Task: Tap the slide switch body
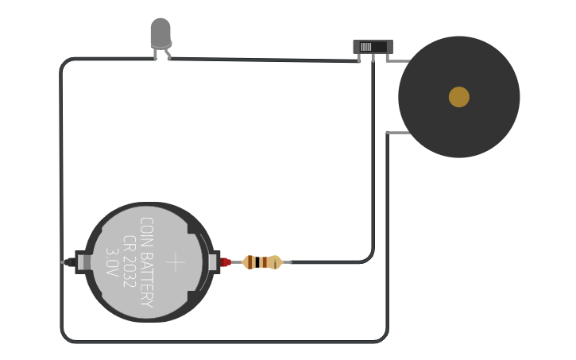[373, 47]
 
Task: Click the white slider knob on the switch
[365, 47]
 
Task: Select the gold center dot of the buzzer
[459, 97]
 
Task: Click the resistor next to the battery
[261, 261]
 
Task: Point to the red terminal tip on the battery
[226, 261]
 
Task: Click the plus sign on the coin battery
[176, 262]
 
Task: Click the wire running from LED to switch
[262, 60]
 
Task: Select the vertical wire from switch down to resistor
[373, 159]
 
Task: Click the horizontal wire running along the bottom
[222, 342]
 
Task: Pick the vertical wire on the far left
[61, 159]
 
